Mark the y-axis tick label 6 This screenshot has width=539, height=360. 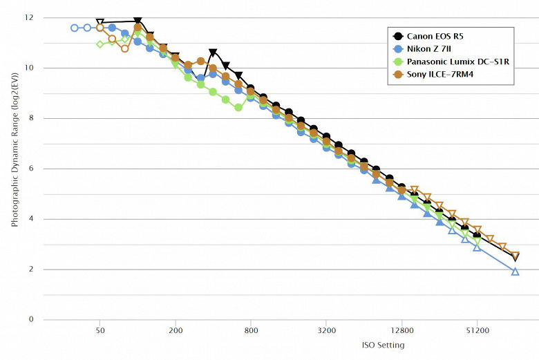pos(30,169)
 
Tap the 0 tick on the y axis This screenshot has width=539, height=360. pos(30,320)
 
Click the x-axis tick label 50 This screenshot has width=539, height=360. pos(100,330)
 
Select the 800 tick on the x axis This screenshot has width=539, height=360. pos(251,330)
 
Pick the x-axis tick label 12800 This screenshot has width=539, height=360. pos(401,330)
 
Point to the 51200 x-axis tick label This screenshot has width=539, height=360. pos(477,330)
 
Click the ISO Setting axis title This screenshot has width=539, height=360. pos(383,345)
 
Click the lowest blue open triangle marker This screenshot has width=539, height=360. pos(515,272)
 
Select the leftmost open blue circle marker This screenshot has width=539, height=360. pos(75,28)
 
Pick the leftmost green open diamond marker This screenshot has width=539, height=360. pos(100,44)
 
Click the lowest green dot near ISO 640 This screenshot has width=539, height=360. pos(238,108)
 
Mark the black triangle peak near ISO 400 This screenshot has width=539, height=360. pos(214,53)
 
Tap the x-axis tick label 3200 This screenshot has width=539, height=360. pos(326,330)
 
